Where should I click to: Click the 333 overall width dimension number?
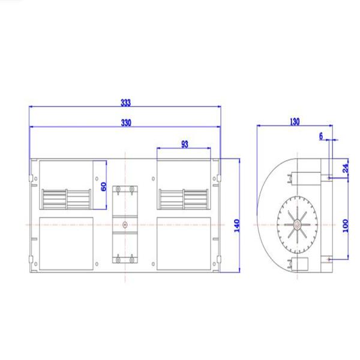point(125,103)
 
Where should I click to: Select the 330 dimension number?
point(125,122)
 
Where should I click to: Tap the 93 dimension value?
point(184,144)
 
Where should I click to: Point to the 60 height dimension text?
point(103,187)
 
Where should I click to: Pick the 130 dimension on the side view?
point(294,121)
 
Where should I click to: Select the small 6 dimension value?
point(322,136)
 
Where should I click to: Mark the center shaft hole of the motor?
point(124,226)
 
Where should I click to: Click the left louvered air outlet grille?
point(66,197)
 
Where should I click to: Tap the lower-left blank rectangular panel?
point(65,242)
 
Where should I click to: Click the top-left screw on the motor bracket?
point(118,190)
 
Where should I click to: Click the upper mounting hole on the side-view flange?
point(330,177)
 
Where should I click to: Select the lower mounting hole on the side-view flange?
point(330,259)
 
